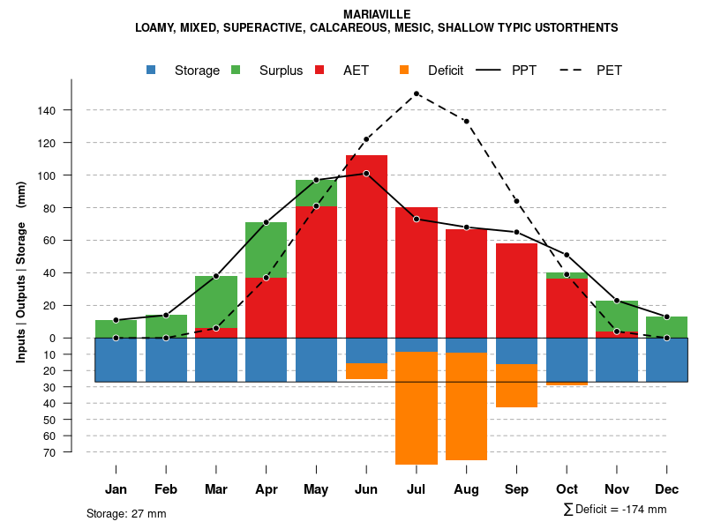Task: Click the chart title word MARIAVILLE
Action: click(376, 14)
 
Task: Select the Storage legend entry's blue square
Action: click(152, 70)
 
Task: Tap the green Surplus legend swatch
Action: click(236, 70)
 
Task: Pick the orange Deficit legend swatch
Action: click(404, 70)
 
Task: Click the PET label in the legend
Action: click(609, 71)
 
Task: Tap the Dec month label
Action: click(667, 489)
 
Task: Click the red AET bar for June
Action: click(366, 247)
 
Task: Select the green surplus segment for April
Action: click(266, 250)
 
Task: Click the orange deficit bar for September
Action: click(517, 385)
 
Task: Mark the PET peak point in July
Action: click(417, 93)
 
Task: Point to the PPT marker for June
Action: click(366, 174)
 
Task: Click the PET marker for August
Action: click(467, 121)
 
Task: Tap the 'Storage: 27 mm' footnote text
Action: click(126, 513)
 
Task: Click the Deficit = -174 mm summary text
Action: click(615, 510)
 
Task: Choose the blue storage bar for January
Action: click(116, 360)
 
